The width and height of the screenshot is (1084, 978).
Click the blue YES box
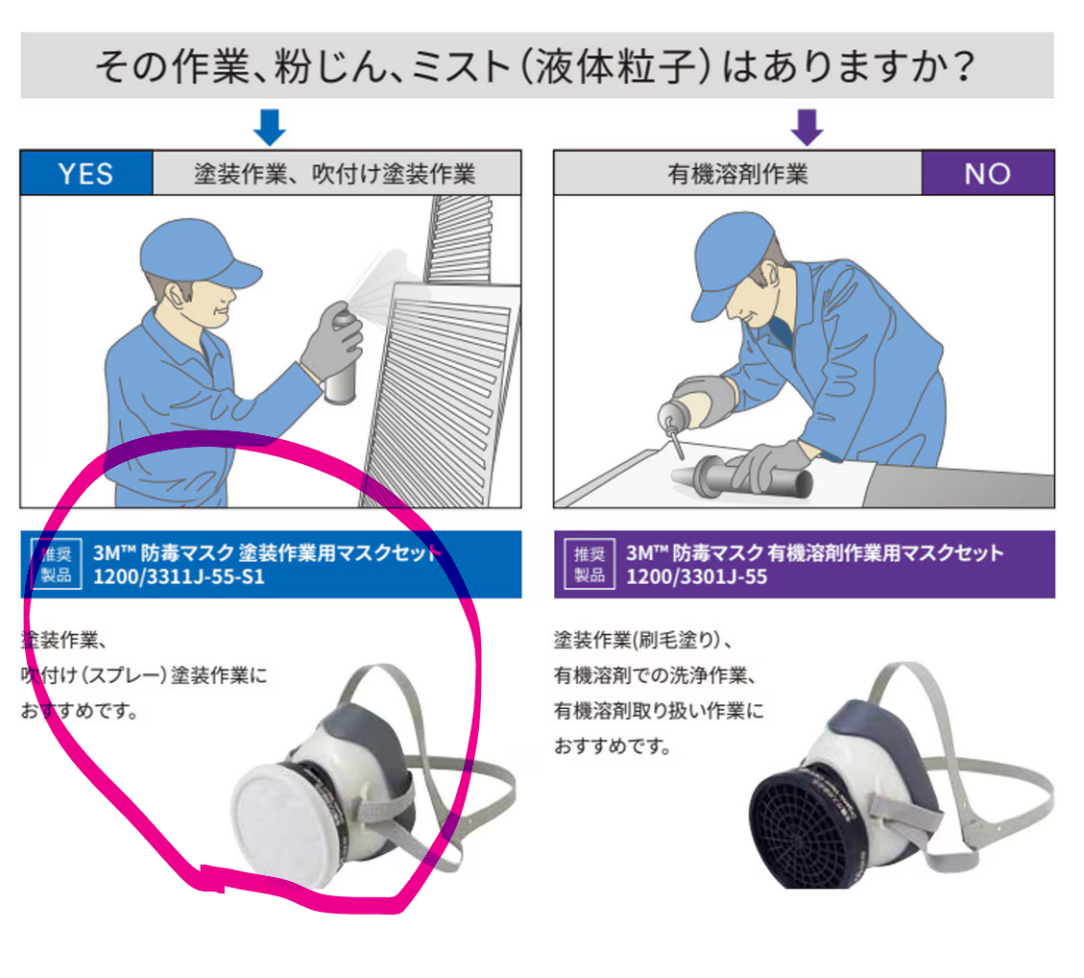click(86, 173)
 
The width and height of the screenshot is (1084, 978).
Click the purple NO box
click(988, 173)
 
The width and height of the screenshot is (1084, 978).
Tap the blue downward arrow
click(270, 127)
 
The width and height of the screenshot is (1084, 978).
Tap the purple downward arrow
click(807, 127)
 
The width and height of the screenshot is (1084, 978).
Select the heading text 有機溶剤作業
click(737, 174)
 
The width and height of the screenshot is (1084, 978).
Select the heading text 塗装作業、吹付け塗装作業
click(334, 174)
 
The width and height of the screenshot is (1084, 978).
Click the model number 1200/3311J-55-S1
click(179, 576)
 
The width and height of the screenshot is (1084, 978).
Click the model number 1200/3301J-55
click(696, 576)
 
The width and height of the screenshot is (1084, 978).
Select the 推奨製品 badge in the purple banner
click(590, 564)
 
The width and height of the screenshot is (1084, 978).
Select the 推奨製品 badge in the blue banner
click(56, 564)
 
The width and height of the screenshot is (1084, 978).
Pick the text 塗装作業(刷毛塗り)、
click(643, 640)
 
